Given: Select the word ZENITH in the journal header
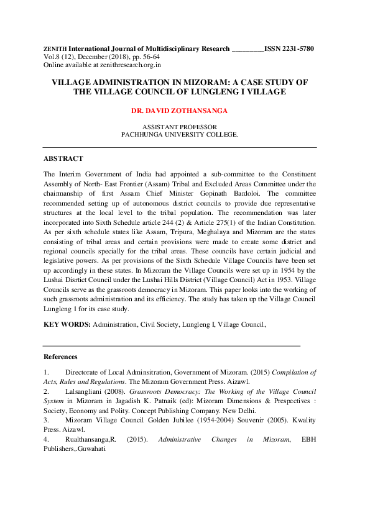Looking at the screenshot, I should pos(55,48).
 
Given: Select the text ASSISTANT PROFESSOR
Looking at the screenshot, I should pos(180,127).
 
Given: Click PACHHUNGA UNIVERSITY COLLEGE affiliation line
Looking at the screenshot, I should pos(179,134).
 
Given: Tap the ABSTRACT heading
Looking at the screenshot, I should pos(63,159).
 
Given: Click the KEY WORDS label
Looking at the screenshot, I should pos(67,324).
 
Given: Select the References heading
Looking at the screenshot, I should pos(60,357).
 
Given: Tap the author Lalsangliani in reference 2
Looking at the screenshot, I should pos(86,392).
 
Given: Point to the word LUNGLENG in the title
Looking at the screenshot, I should pos(226,92).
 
